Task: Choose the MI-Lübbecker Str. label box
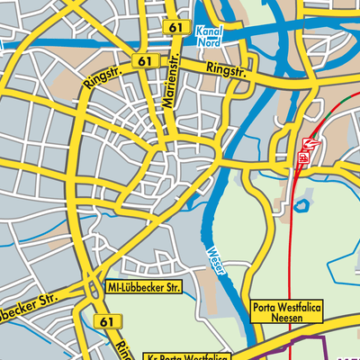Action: point(144,287)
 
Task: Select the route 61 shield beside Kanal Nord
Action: point(175,29)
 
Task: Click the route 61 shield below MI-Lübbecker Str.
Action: point(107,321)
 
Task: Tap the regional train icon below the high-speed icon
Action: point(304,158)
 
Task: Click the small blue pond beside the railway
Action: point(301,206)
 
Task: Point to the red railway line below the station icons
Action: point(294,234)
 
